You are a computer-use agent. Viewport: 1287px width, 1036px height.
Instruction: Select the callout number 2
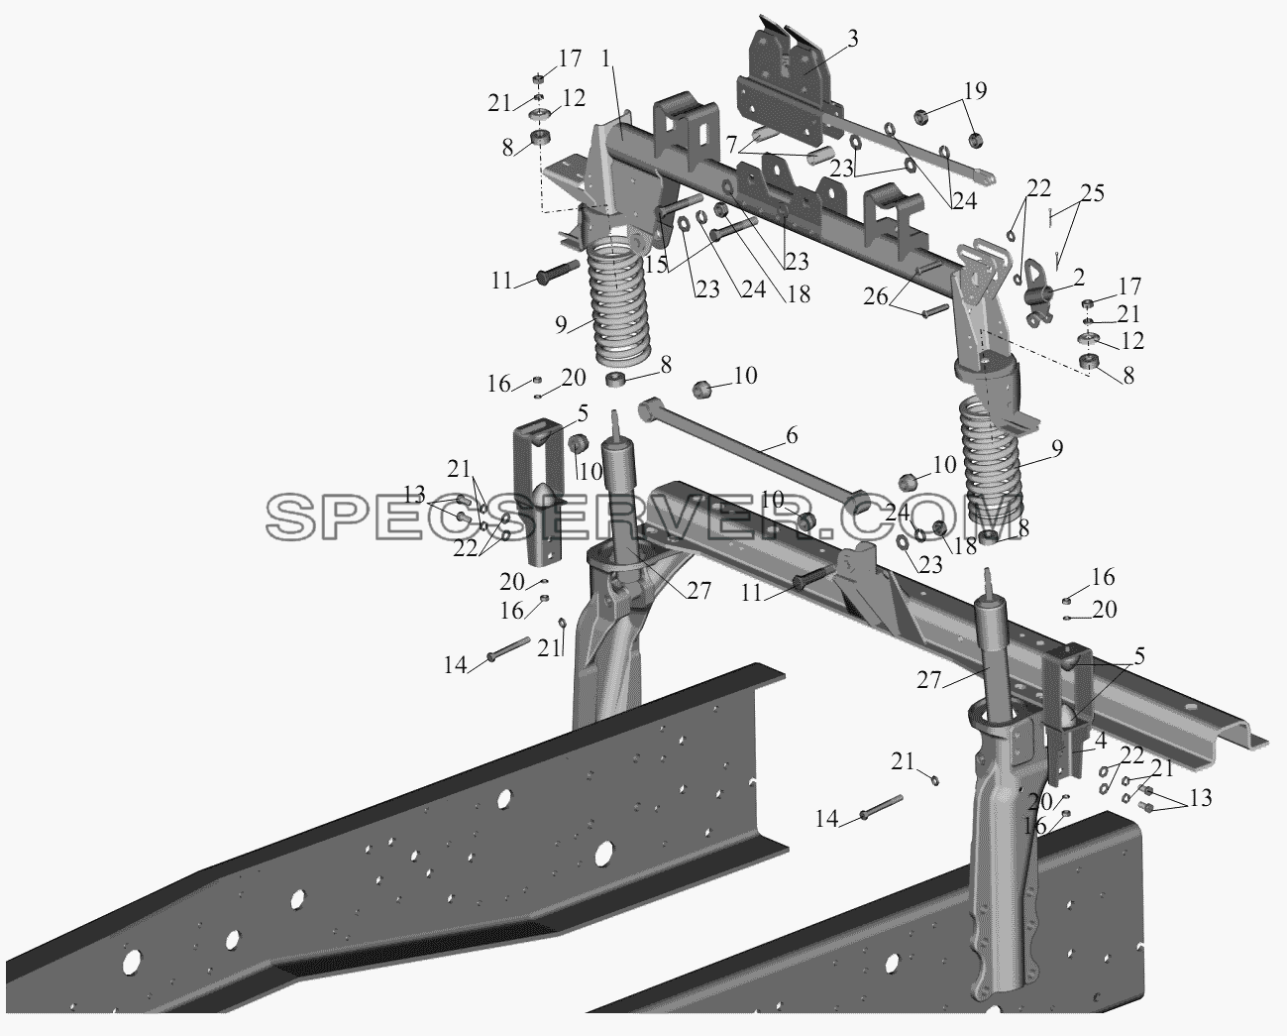click(x=1078, y=278)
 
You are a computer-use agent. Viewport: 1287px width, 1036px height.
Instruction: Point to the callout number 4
click(x=1100, y=740)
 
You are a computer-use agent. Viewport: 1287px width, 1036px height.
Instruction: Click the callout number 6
click(x=791, y=435)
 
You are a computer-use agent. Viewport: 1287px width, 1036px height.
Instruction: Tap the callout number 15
click(x=656, y=265)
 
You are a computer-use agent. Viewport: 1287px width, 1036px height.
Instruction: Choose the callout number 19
click(x=975, y=90)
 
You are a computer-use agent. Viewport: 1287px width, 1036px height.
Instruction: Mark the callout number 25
click(x=1092, y=193)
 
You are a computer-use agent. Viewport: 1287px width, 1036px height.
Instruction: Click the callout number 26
click(x=876, y=296)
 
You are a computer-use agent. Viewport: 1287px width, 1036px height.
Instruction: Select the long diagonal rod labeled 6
click(x=755, y=460)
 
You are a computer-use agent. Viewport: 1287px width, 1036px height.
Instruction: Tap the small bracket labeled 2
click(x=1040, y=291)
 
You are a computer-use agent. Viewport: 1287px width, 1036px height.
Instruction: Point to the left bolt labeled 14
click(x=508, y=648)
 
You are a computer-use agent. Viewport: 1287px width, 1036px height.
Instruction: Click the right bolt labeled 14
click(x=881, y=806)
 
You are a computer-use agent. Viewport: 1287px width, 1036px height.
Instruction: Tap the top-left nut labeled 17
click(x=119, y=78)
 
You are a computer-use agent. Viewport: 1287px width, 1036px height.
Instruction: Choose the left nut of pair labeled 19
click(x=921, y=117)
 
